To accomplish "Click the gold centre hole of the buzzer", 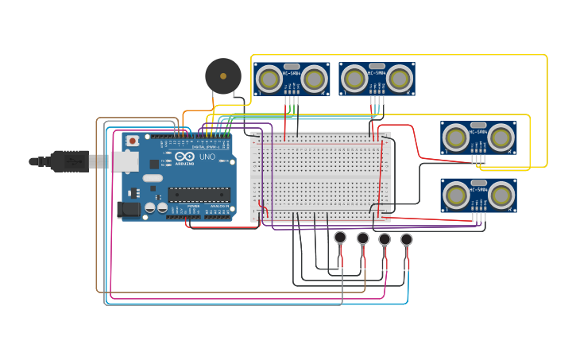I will coord(223,76).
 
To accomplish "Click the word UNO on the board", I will coord(207,157).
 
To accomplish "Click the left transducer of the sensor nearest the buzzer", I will coord(270,79).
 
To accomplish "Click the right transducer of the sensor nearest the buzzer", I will coord(315,79).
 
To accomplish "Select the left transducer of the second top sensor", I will coord(355,79).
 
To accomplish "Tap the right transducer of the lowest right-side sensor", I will coord(501,195).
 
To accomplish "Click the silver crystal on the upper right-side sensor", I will coord(478,125).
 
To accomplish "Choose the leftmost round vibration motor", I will coord(341,237).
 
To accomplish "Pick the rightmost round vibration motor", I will coord(407,238).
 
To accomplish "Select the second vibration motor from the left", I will coord(363,238).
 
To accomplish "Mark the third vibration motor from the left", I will coord(385,238).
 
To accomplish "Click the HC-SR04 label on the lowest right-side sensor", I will coord(478,189).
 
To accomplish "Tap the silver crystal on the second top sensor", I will coord(377,66).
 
